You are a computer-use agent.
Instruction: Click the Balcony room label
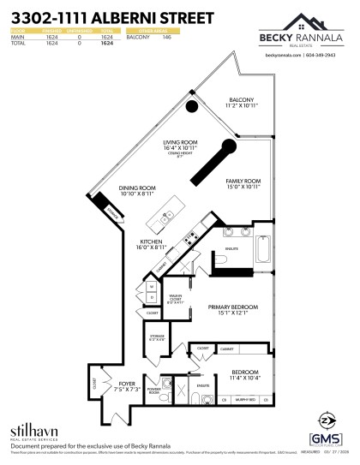coord(240,99)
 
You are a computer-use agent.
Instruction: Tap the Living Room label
coord(181,142)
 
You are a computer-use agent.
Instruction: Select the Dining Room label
coord(137,188)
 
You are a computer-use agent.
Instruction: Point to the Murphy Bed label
coord(245,398)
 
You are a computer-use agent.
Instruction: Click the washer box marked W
coord(152,286)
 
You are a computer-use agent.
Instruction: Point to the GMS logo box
coord(331,438)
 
